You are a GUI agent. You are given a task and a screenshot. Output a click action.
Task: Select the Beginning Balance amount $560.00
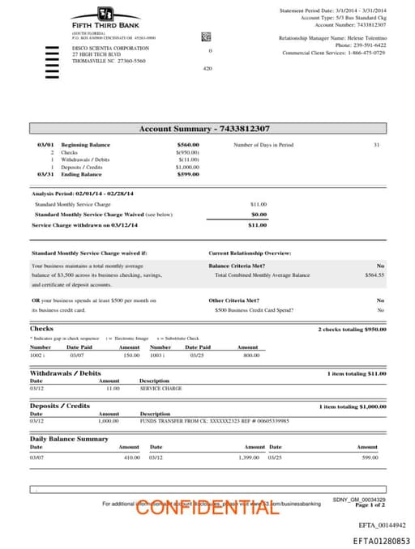tap(188, 145)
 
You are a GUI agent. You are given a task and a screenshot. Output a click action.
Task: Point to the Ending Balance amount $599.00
tap(188, 174)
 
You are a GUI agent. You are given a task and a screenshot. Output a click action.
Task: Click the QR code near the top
tap(206, 37)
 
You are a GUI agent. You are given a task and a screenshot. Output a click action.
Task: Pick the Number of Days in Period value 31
tap(376, 145)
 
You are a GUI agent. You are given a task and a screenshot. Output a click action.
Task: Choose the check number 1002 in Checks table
tap(36, 355)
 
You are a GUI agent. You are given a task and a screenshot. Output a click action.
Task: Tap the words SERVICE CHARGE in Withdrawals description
tap(157, 388)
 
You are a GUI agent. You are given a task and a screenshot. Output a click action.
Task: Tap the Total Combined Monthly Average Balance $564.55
tap(374, 275)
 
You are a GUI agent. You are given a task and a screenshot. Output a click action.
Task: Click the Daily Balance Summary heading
tap(69, 438)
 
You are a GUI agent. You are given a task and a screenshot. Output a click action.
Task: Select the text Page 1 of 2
tap(369, 505)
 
